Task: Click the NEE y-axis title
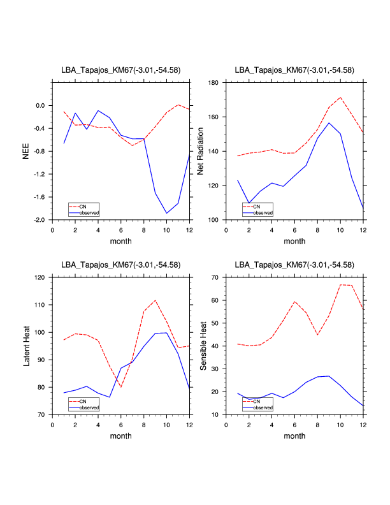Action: coord(26,151)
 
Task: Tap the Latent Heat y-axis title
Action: coord(26,346)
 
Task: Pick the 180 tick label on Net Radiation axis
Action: coord(213,83)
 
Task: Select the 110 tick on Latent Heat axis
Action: coord(40,305)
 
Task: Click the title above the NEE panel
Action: coord(120,70)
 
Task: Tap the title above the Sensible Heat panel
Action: coord(294,264)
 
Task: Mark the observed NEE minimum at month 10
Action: coord(167,213)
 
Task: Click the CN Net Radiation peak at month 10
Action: coord(341,98)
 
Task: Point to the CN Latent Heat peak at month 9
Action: coord(155,300)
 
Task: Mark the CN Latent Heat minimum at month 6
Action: coord(121,387)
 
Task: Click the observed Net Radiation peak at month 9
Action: coord(329,123)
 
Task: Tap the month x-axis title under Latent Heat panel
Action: coord(120,436)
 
